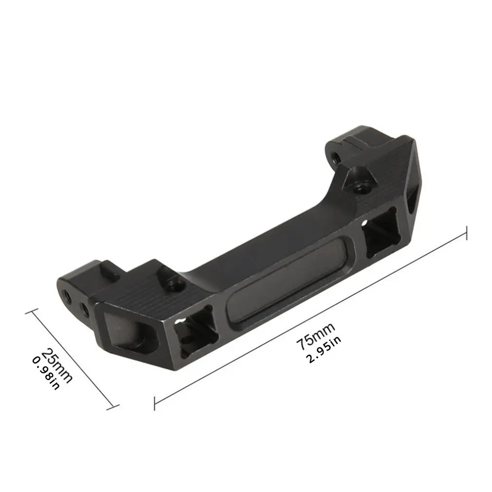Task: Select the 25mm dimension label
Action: pos(57,364)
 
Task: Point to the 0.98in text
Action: pos(45,373)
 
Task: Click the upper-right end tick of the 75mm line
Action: pos(467,233)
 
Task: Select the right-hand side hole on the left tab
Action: pos(84,309)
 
